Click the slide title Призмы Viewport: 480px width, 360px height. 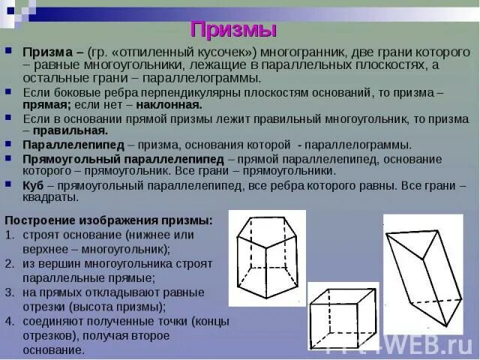(233, 30)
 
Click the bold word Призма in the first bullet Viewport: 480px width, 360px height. (47, 52)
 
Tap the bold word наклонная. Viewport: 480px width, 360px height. (171, 104)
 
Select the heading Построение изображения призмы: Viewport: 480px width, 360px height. (109, 220)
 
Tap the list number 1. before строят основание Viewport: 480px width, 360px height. (10, 235)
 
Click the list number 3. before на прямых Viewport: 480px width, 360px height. (10, 292)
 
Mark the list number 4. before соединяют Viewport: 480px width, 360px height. (10, 321)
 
